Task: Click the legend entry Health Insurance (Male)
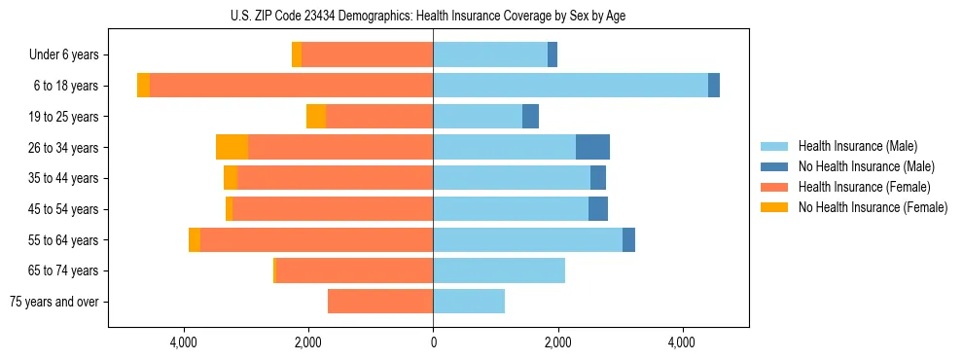point(857,146)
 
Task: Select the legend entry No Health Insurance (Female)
point(873,207)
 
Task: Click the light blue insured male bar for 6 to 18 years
point(570,86)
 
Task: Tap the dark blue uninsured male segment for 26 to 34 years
point(592,147)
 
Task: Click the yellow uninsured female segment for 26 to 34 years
point(232,147)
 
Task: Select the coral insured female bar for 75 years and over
point(380,302)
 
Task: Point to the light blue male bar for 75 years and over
point(469,302)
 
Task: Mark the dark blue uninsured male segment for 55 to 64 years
point(628,239)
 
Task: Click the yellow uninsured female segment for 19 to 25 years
point(316,117)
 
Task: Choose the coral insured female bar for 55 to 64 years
point(316,239)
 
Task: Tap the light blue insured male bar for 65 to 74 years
point(499,270)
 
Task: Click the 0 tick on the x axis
point(433,342)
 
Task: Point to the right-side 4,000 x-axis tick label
point(682,342)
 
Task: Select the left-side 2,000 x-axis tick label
point(308,342)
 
